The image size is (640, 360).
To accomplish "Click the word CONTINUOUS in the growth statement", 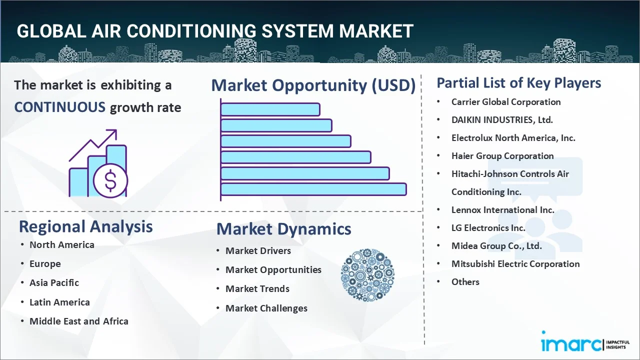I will pos(59,107).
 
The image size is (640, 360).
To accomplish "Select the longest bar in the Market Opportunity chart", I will pos(313,189).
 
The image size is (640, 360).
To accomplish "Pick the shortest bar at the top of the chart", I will pos(270,109).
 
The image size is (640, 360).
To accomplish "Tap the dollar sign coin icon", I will pos(110,181).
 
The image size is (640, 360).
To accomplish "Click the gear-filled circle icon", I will pos(367,275).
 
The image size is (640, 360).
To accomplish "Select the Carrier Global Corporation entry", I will pos(505,102).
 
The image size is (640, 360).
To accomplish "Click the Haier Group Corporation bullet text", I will pos(502,156).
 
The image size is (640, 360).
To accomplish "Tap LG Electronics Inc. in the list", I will pos(488,228).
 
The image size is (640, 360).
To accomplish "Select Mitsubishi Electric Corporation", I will pos(515,264).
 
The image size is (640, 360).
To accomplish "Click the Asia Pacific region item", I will pos(54,283).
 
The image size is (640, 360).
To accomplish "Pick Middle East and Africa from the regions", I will pos(78,321).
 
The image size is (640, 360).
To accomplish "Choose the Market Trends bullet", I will pos(257,289).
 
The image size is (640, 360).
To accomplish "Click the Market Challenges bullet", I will pos(266,308).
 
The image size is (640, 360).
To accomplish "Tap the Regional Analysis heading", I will pos(85,226).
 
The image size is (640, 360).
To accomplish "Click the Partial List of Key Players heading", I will pos(518,83).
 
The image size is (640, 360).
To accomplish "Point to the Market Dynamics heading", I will pos(283,229).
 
